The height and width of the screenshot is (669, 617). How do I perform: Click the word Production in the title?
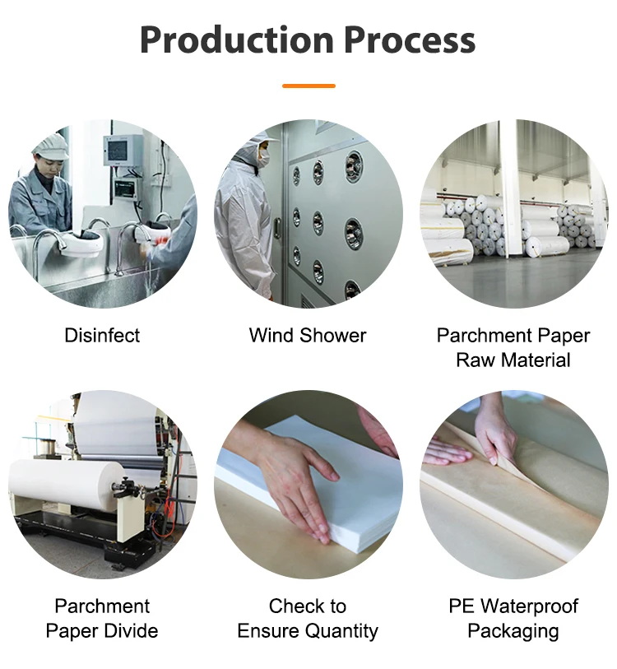coord(235,39)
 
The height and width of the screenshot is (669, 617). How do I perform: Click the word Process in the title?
coord(409,39)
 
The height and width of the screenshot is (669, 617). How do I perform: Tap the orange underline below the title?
coord(308,86)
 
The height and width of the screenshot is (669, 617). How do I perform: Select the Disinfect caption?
coord(102,336)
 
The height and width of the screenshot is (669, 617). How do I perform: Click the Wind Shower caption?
coord(308,336)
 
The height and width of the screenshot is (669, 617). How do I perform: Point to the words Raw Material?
coord(513,360)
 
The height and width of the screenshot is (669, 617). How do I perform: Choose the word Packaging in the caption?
coord(513,631)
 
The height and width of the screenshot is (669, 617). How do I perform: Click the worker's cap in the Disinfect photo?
coord(51,146)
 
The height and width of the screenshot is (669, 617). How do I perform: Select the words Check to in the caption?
coord(308,606)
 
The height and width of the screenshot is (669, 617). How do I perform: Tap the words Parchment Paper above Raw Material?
coord(513,336)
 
